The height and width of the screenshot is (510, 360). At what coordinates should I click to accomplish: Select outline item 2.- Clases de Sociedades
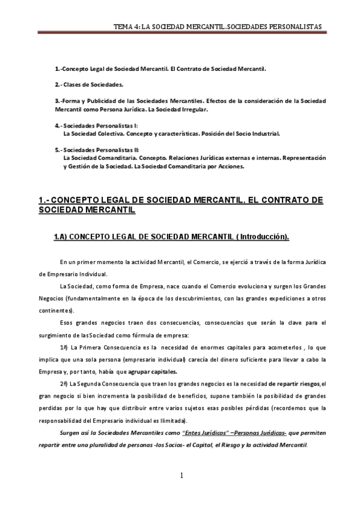[88, 85]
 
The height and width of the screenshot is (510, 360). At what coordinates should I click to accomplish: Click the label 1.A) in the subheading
[61, 237]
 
